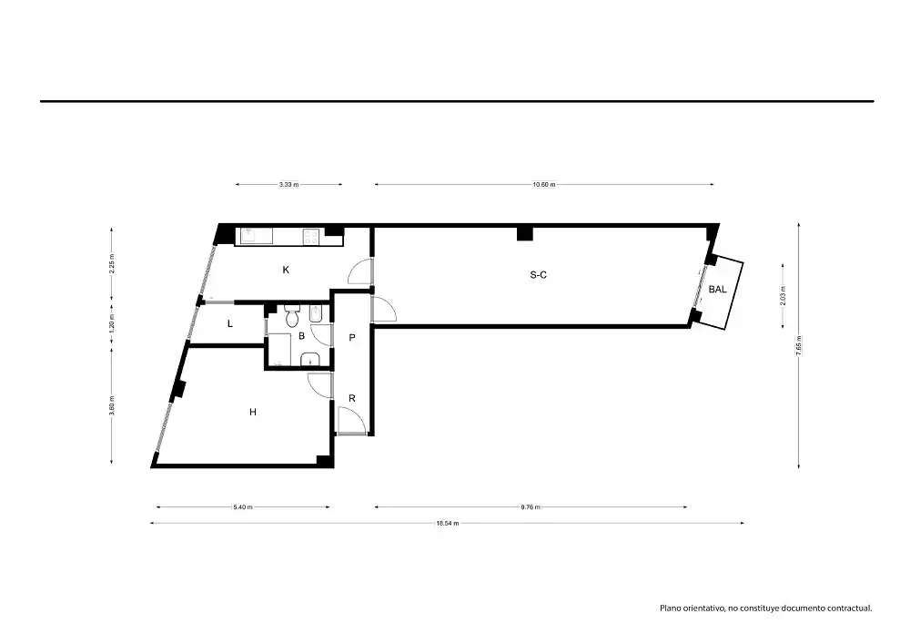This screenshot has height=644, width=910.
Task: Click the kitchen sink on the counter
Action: coord(256,235)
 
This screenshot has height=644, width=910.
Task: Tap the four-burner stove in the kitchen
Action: coord(311,236)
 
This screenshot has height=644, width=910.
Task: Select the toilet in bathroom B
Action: coord(292,315)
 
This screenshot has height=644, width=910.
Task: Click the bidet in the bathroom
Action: coord(317,314)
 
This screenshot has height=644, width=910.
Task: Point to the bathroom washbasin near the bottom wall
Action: coord(310,360)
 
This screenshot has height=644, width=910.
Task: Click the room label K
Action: coord(286,270)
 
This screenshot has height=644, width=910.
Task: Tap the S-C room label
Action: coord(539,275)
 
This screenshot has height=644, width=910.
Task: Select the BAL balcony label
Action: coord(717,289)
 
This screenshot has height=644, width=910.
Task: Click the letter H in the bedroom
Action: coord(253,412)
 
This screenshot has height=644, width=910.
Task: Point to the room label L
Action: coord(230,323)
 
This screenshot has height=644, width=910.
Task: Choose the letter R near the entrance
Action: coord(351,398)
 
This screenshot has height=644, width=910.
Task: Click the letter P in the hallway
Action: coord(351,337)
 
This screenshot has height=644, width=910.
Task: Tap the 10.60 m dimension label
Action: coord(544,185)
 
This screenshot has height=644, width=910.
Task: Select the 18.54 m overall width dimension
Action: coord(448,523)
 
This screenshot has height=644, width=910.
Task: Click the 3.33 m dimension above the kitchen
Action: coord(288,185)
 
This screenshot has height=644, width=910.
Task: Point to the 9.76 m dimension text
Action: coord(531,507)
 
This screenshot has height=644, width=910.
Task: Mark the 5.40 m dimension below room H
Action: coord(243,507)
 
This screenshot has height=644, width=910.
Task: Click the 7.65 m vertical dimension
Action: coord(799,345)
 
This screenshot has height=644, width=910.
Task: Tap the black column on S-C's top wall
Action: coord(525,232)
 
